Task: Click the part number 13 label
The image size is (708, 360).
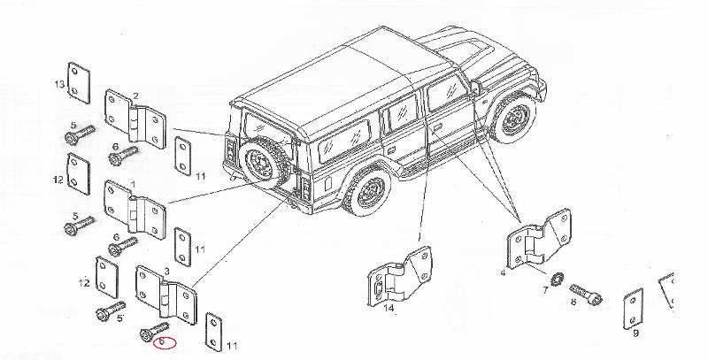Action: [59, 84]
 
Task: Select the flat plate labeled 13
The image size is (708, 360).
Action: [79, 83]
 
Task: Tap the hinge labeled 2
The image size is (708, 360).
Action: [135, 119]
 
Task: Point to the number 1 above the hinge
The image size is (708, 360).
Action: [133, 185]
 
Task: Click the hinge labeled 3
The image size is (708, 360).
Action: [166, 295]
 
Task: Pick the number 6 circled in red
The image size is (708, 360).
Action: [163, 342]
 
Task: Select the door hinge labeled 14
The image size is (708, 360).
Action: [400, 278]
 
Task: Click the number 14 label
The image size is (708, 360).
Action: [389, 308]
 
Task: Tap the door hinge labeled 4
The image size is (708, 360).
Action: [539, 239]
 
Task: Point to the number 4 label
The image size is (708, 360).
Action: [503, 273]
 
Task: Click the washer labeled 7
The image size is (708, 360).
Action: [558, 279]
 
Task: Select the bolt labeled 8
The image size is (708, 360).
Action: [586, 295]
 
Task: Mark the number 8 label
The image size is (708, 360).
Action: [573, 302]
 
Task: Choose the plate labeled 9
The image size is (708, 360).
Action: [633, 310]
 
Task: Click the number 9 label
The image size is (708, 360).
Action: [636, 333]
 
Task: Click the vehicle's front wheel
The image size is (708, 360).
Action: [515, 119]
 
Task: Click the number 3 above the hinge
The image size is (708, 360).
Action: [166, 272]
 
